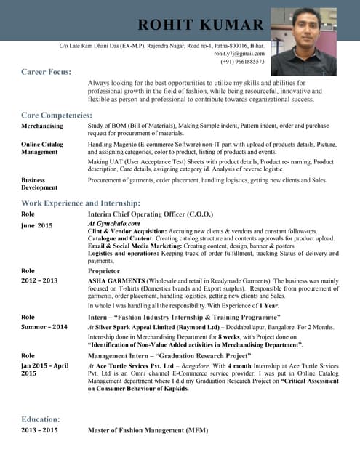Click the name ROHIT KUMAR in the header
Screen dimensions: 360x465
point(200,26)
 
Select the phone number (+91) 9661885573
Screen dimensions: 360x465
point(242,62)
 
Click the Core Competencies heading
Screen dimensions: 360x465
point(57,116)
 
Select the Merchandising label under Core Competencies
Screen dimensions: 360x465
point(42,126)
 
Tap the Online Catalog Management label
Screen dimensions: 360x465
point(42,148)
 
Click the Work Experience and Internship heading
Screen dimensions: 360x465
point(81,203)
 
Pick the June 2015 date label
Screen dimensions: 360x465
point(37,226)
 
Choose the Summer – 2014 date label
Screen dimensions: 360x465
point(44,327)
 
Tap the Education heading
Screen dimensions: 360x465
point(41,419)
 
